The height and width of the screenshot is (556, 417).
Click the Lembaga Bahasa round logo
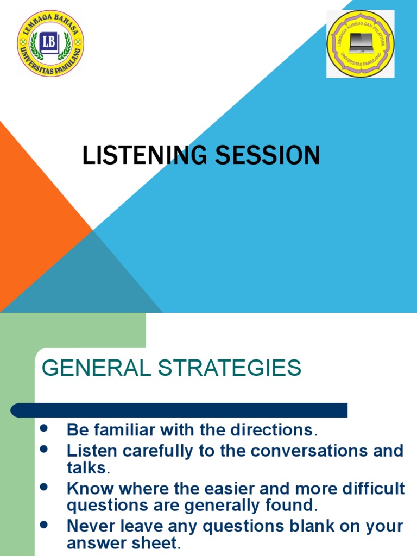[x=50, y=43]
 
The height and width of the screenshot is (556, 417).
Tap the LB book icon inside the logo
[x=49, y=43]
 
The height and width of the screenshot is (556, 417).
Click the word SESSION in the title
[x=267, y=155]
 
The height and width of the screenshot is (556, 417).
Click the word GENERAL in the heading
[x=97, y=368]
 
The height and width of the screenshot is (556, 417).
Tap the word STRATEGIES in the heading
[x=230, y=368]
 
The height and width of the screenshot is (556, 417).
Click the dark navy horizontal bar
[x=179, y=410]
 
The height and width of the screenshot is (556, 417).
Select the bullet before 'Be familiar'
[x=44, y=428]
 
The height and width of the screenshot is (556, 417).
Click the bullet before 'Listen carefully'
[x=44, y=449]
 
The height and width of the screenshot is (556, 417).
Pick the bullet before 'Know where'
[x=44, y=486]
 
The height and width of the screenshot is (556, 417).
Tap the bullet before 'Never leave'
[x=44, y=524]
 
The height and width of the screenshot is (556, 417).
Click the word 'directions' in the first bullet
[x=271, y=430]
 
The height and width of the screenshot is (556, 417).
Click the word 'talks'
[x=86, y=467]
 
